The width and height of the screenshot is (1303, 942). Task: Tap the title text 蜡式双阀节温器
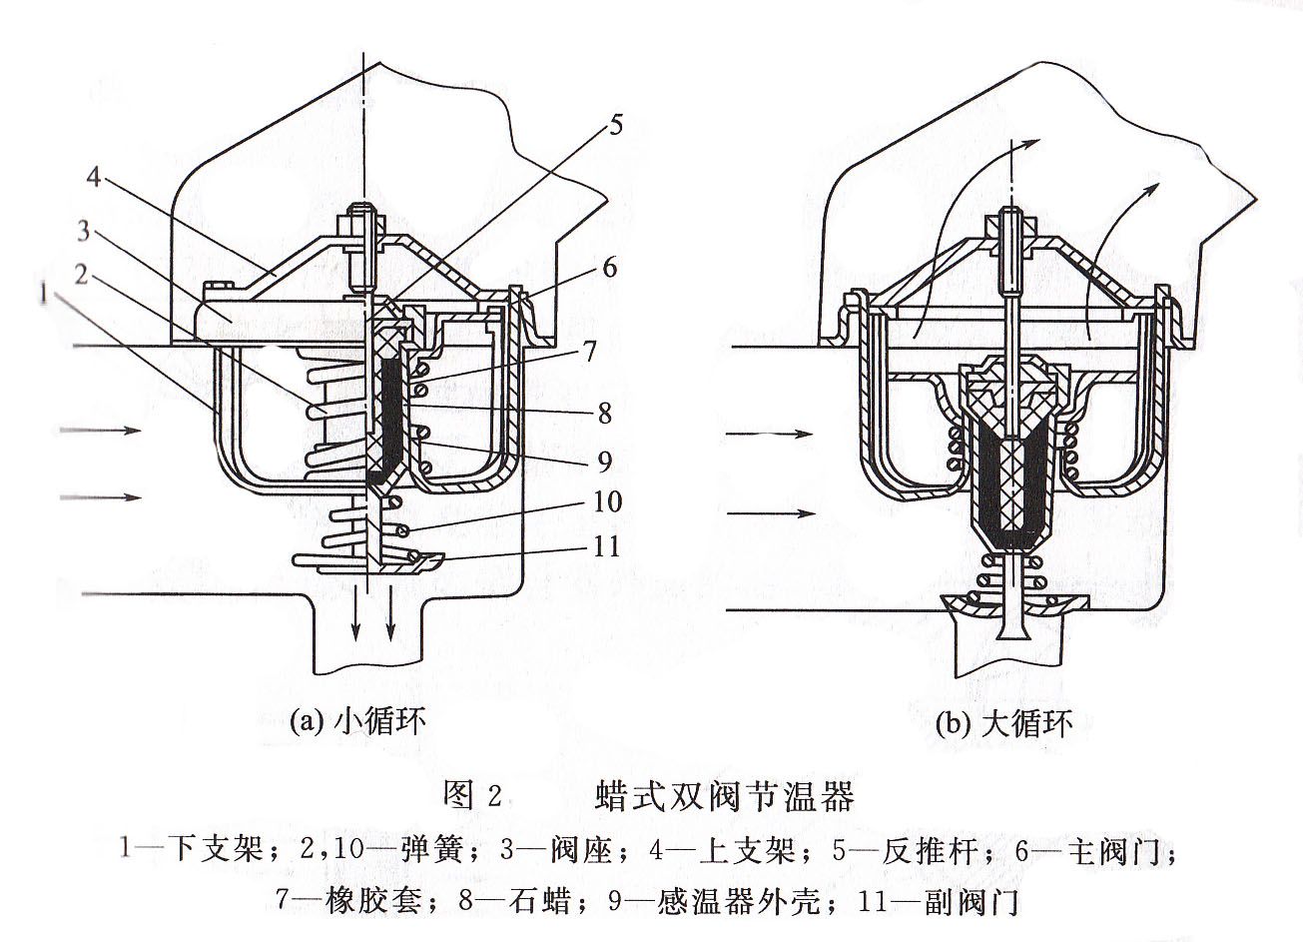pyautogui.click(x=724, y=796)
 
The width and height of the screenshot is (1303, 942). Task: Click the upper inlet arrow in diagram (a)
pyautogui.click(x=100, y=431)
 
